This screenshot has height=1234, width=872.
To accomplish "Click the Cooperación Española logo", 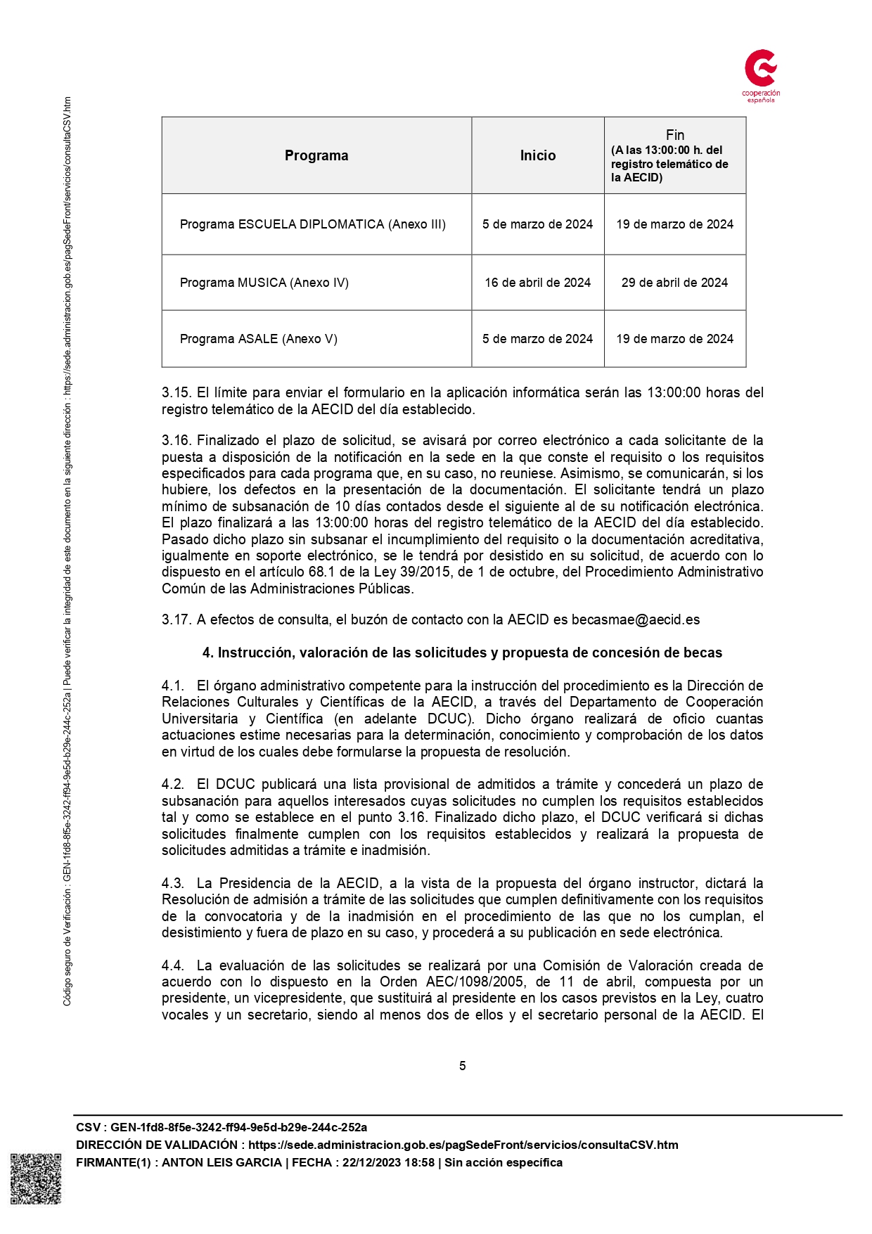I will (x=761, y=75).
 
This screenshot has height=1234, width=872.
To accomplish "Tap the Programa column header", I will (x=316, y=155).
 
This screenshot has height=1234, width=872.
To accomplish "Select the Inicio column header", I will (x=537, y=155).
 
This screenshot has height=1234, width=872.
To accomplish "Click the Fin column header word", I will (x=674, y=135).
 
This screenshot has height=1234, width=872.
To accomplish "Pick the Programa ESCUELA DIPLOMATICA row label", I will (x=312, y=224).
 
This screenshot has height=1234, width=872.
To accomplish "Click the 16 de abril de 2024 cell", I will (x=537, y=283).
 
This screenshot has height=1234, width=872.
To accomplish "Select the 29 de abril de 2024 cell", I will (x=674, y=283).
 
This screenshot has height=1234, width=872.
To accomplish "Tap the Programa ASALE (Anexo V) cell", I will (x=258, y=339).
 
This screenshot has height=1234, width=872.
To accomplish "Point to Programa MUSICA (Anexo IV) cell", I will (x=264, y=283).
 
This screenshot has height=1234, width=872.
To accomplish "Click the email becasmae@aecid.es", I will (x=635, y=619).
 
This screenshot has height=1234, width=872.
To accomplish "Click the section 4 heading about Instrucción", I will (x=462, y=653).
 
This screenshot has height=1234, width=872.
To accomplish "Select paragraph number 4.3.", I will (x=173, y=883).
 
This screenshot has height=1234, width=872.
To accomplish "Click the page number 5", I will (x=462, y=1066).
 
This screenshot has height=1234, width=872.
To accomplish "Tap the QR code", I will (x=35, y=1178).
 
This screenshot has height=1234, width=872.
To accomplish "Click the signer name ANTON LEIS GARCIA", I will (x=222, y=1162).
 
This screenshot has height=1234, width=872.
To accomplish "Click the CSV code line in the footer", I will (x=222, y=1127).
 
